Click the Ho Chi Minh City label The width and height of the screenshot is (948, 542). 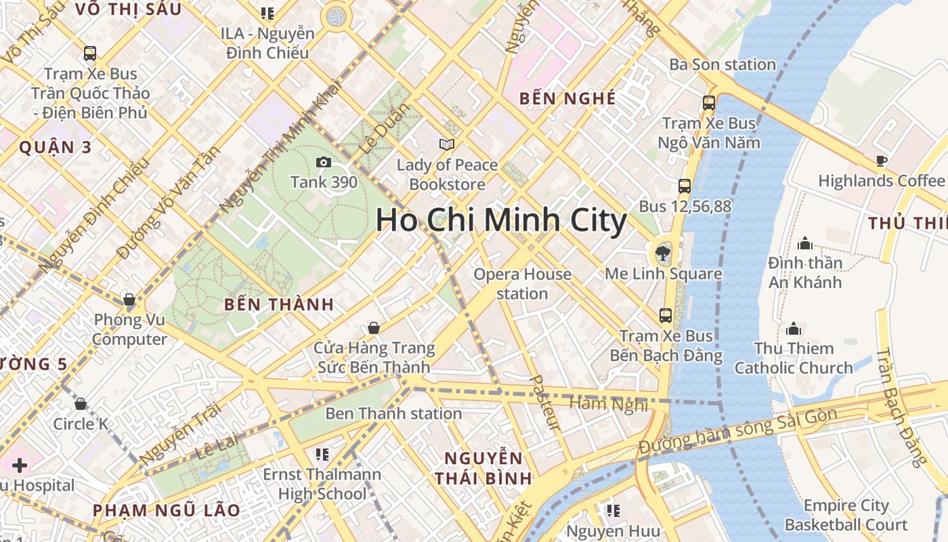click(501, 221)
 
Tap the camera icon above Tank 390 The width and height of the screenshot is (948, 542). click(324, 162)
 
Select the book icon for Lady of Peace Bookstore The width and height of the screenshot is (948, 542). click(446, 144)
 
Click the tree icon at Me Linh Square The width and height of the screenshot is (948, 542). click(662, 255)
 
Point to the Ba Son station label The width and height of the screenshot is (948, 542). click(723, 64)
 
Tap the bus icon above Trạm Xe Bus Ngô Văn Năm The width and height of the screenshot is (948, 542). click(709, 103)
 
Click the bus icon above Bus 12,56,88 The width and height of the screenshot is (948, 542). click(685, 186)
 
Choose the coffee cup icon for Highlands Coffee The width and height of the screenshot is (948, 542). click(881, 161)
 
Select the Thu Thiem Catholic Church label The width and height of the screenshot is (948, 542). click(794, 358)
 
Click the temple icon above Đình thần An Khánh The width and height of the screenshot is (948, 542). click(805, 243)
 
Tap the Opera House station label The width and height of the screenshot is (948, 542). click(522, 284)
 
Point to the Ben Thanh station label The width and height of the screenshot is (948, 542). click(393, 413)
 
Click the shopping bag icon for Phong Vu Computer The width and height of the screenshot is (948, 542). click(129, 299)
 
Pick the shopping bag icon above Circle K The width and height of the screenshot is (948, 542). click(81, 404)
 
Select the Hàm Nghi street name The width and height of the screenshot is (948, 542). click(609, 404)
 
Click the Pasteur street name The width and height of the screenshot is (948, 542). click(545, 403)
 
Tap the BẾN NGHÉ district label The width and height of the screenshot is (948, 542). click(567, 98)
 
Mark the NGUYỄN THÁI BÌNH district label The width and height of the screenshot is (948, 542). click(483, 467)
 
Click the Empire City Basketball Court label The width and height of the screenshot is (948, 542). click(846, 515)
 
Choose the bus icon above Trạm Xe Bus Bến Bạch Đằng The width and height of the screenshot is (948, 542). click(666, 315)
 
